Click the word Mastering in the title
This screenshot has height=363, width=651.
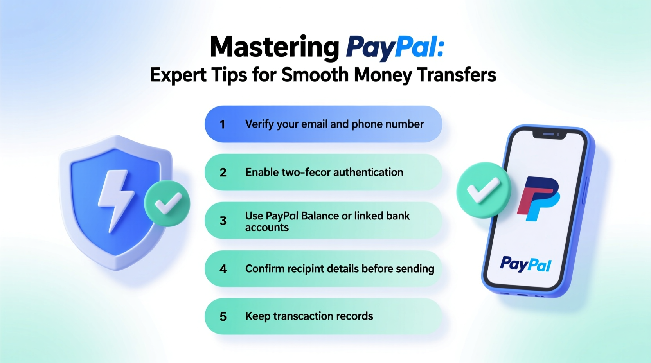pos(274,47)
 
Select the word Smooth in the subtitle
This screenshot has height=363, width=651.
pos(315,75)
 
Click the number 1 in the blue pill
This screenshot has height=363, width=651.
pos(222,124)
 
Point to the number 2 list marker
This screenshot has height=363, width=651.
pos(223,173)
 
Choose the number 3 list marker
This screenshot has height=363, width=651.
pos(223,221)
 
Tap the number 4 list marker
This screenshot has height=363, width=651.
pos(223,269)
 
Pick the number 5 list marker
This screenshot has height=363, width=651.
pos(223,316)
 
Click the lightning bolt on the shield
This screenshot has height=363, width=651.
pos(116,198)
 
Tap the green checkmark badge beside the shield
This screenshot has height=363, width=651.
pos(167,203)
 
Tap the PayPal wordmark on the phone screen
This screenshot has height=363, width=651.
pos(526,264)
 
